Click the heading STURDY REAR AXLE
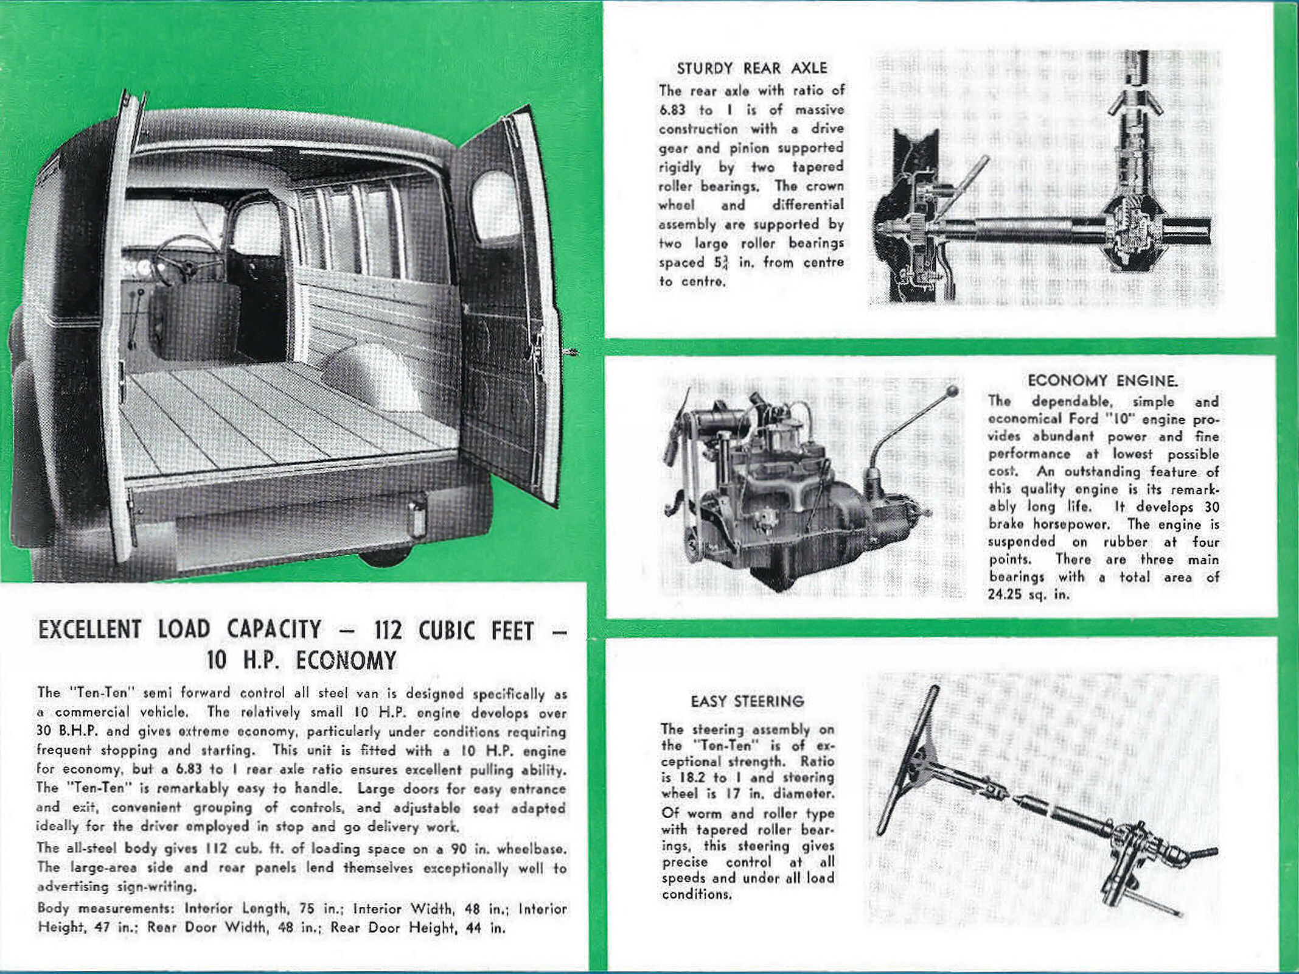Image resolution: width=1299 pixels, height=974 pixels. pos(752,68)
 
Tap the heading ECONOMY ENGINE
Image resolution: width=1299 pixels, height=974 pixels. pos(1102,381)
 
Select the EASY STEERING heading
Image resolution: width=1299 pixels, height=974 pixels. pos(747,701)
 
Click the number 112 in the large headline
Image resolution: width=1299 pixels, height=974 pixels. pos(388,631)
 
